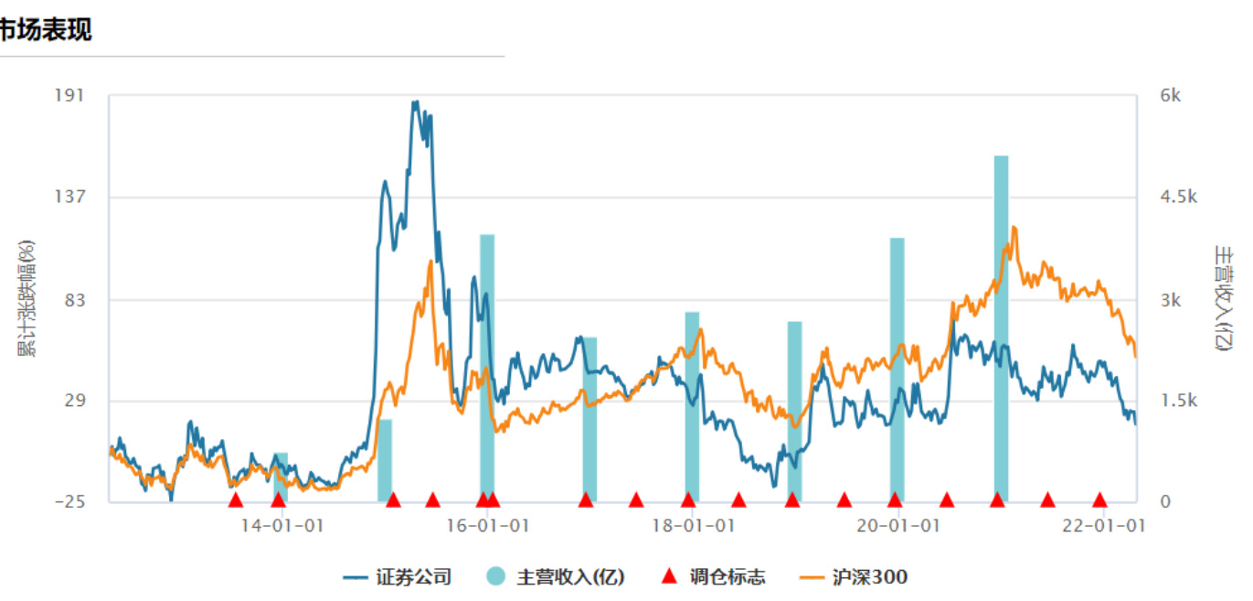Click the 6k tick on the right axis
tap(1171, 95)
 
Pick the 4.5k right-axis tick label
tap(1179, 197)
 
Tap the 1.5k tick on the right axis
tap(1179, 401)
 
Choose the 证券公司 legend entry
tap(398, 577)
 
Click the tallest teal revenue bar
tap(1002, 329)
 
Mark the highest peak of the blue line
tap(416, 102)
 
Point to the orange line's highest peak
tap(1014, 228)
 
